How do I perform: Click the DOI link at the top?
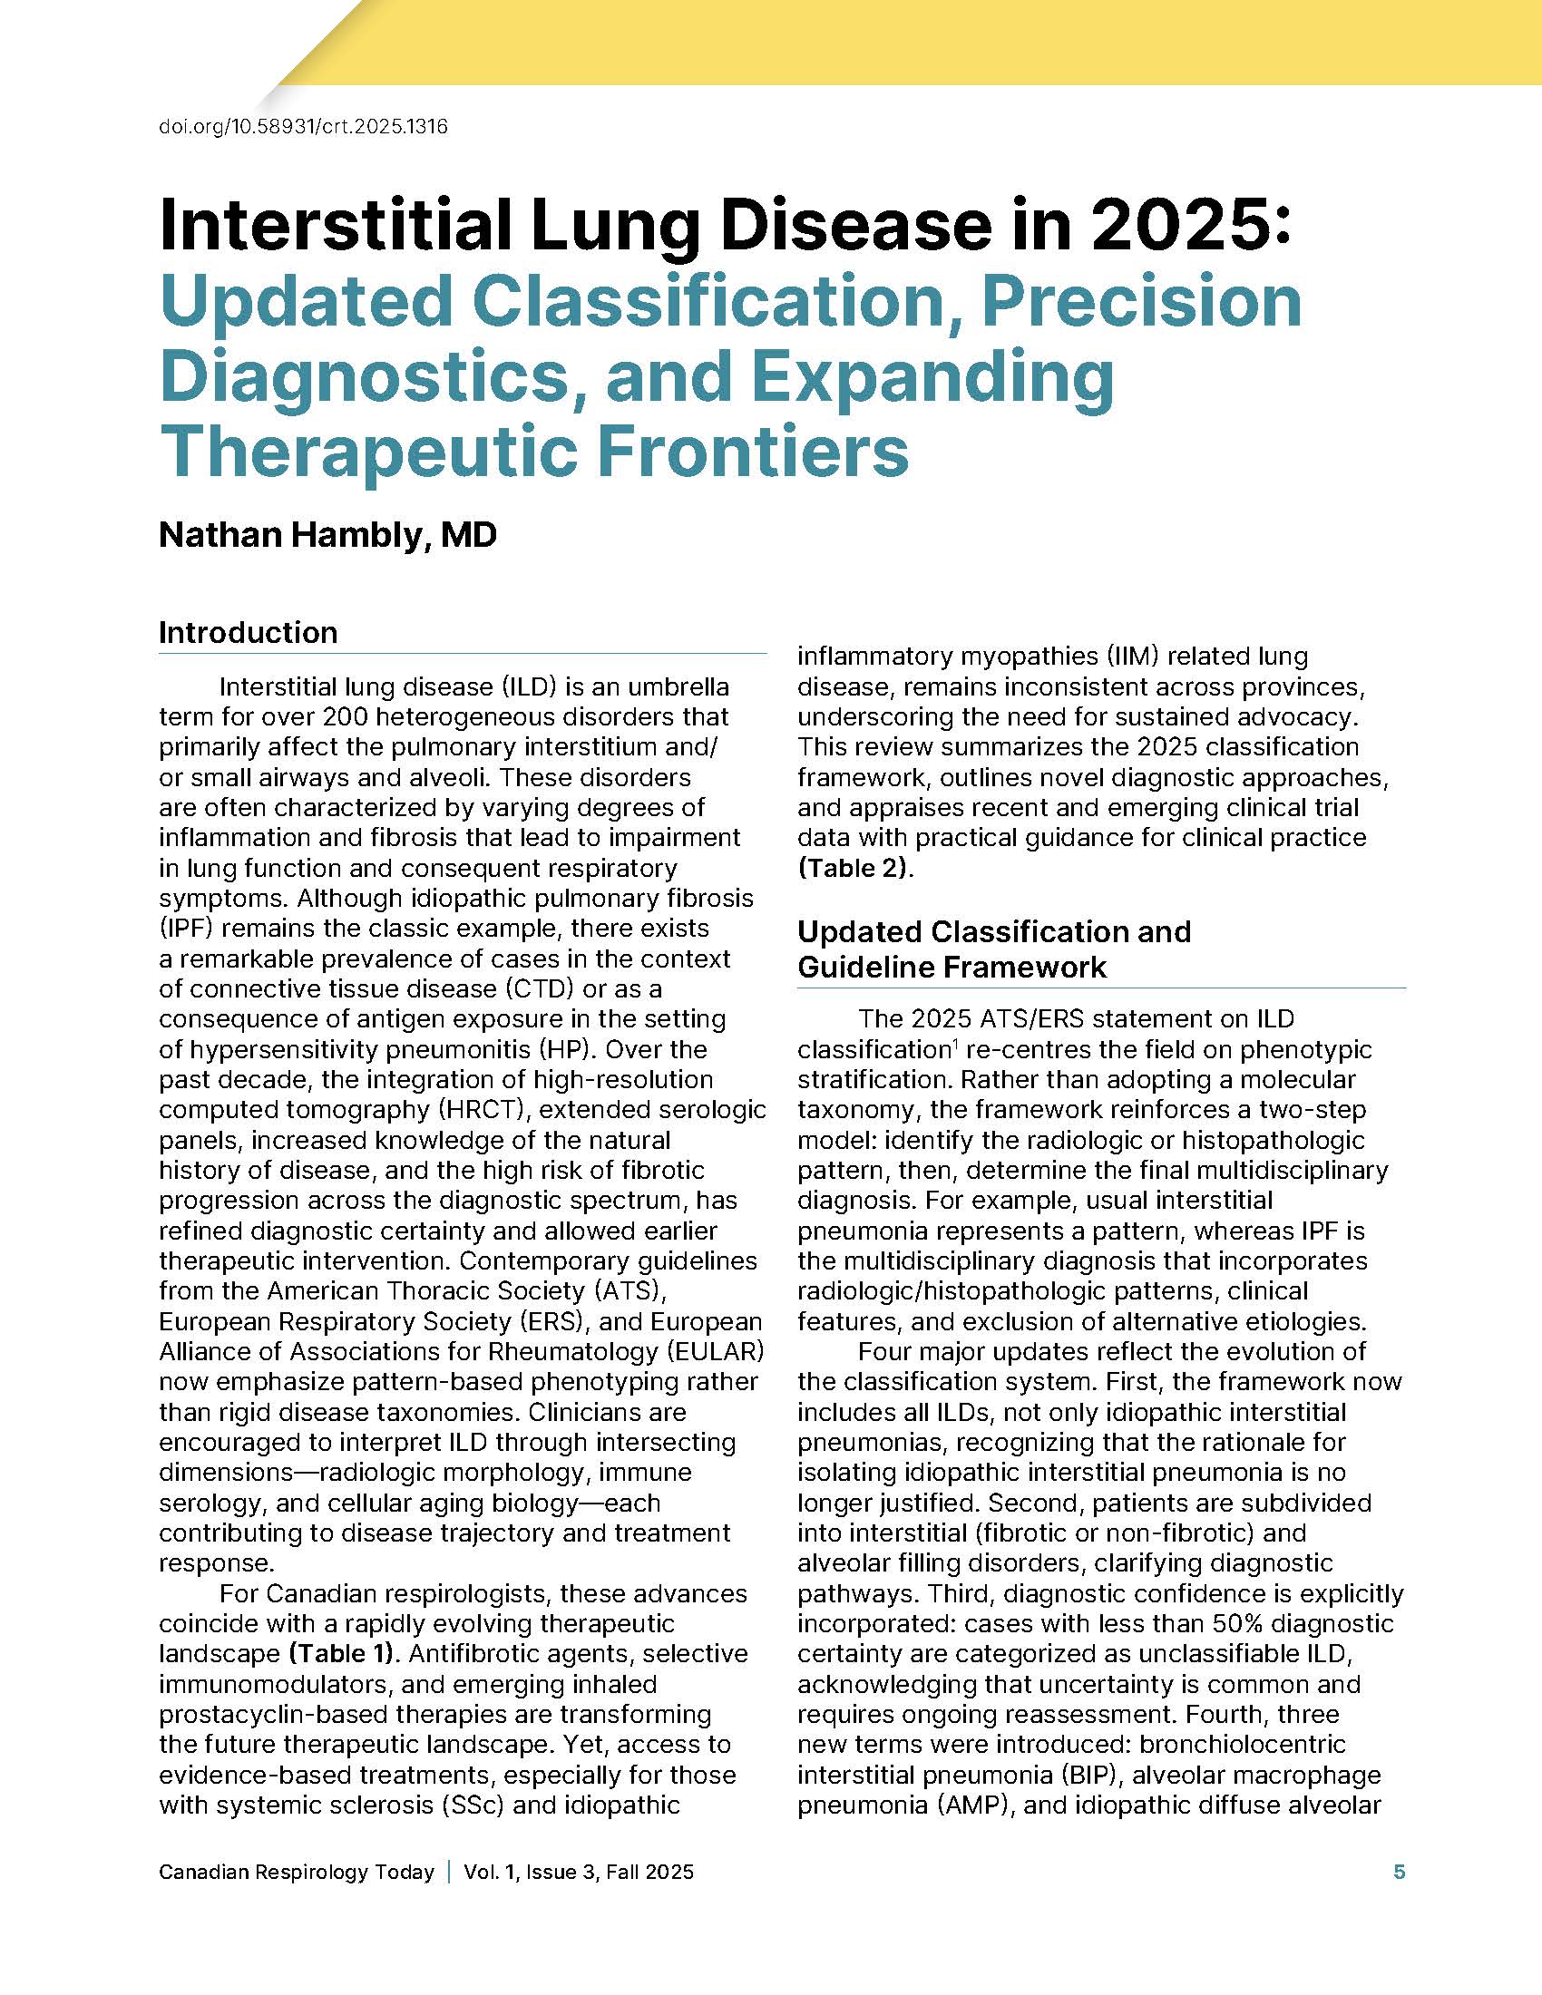click(x=303, y=127)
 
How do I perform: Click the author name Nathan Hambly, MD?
click(x=327, y=534)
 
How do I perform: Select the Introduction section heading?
click(x=248, y=632)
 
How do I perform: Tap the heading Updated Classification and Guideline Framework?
click(x=994, y=949)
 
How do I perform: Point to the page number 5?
click(x=1399, y=1872)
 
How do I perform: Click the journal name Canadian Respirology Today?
click(x=296, y=1872)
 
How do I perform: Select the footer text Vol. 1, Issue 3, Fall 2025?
click(x=579, y=1872)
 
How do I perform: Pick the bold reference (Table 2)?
click(x=855, y=867)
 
